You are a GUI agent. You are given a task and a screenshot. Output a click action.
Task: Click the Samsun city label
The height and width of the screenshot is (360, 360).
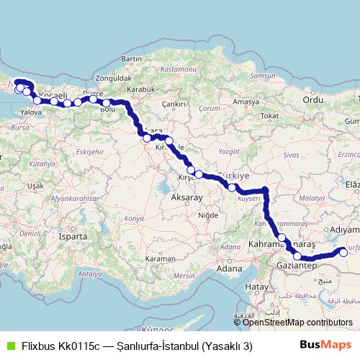(261, 76)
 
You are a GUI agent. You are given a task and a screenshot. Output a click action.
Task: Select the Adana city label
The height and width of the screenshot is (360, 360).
(229, 269)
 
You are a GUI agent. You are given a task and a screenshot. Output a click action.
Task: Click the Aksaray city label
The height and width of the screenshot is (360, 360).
(186, 196)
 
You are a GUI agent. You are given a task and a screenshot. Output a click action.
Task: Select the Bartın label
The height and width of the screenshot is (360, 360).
(132, 58)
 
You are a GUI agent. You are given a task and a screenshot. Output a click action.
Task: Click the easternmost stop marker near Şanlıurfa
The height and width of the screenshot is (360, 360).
(343, 252)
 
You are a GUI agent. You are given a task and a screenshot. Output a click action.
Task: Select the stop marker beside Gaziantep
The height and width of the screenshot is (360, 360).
(297, 256)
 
